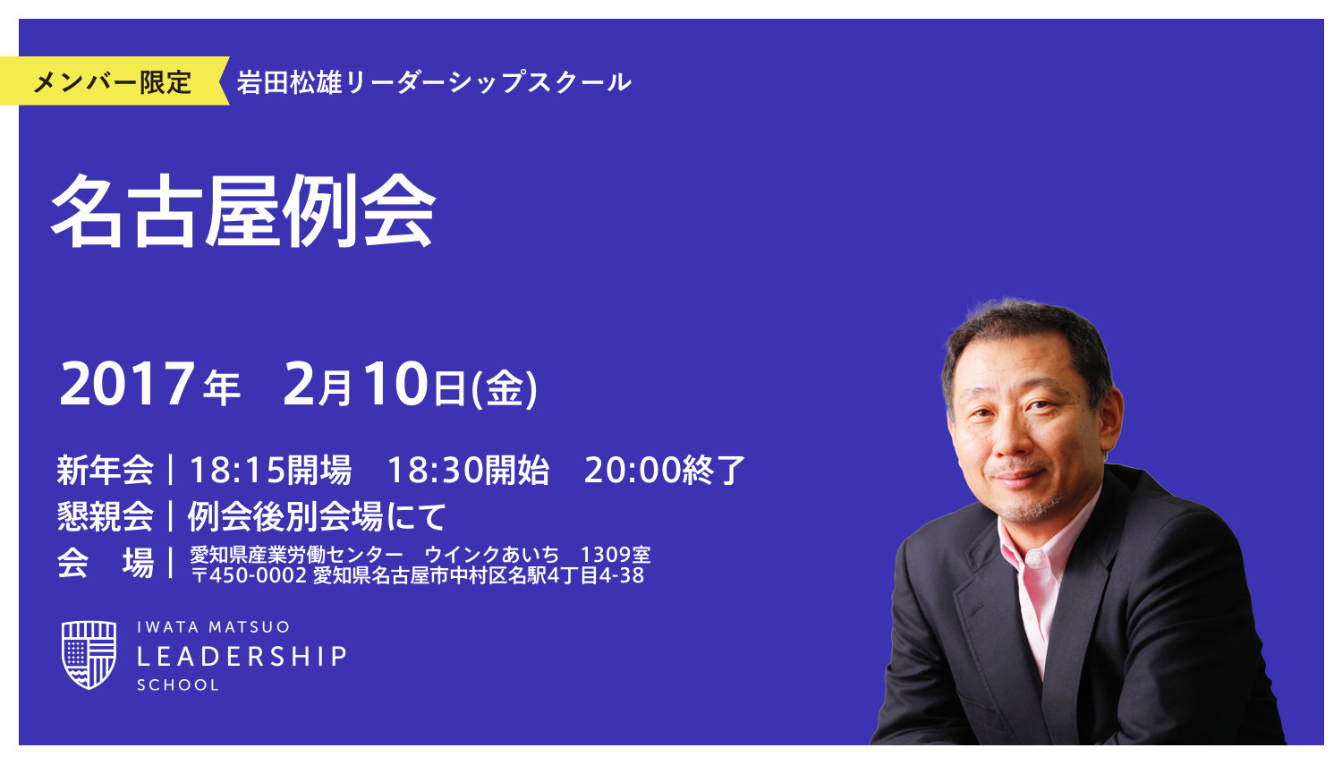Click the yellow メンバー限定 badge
pyautogui.click(x=113, y=81)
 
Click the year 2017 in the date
pyautogui.click(x=127, y=385)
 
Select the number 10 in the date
pyautogui.click(x=395, y=385)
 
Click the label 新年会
pyautogui.click(x=105, y=470)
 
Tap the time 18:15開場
pyautogui.click(x=269, y=470)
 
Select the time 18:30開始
pyautogui.click(x=468, y=470)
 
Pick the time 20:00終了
pyautogui.click(x=664, y=470)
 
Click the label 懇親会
pyautogui.click(x=105, y=516)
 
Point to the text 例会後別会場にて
pyautogui.click(x=316, y=516)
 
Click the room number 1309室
pyautogui.click(x=616, y=555)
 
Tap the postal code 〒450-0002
pyautogui.click(x=250, y=575)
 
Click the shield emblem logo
pyautogui.click(x=89, y=655)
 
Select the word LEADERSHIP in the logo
pyautogui.click(x=242, y=657)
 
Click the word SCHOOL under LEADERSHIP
pyautogui.click(x=178, y=685)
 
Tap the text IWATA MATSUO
pyautogui.click(x=213, y=627)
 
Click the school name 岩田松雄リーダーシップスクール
pyautogui.click(x=434, y=82)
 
